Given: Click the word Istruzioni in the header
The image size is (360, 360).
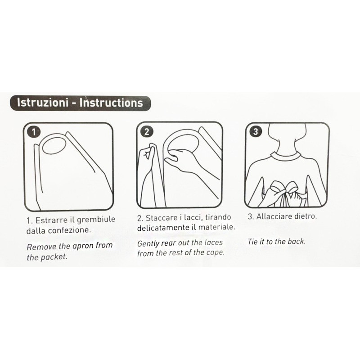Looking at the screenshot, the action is click(43, 103).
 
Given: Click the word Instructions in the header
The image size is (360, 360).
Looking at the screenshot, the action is click(111, 103).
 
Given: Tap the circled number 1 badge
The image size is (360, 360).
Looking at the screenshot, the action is click(34, 132).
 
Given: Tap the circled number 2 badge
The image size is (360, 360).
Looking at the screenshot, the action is click(147, 131).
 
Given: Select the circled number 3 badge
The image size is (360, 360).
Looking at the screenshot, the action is click(256, 131).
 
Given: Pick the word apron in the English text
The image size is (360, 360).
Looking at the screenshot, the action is click(83, 246).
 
